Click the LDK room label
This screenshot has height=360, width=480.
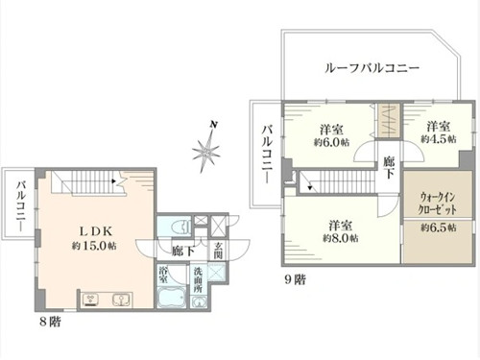click(96, 231)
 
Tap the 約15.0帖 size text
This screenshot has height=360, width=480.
click(94, 246)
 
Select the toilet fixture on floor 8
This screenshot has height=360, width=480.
click(180, 227)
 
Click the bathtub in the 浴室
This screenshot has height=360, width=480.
click(172, 298)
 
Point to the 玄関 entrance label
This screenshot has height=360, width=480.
click(218, 251)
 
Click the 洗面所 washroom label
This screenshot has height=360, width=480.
click(198, 280)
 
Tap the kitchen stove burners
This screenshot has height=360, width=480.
click(90, 300)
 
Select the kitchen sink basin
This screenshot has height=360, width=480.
click(121, 300)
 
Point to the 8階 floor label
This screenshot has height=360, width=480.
click(51, 322)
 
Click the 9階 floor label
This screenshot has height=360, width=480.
click(296, 279)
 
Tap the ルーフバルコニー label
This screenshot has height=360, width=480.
click(372, 68)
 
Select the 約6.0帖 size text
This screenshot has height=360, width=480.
click(331, 142)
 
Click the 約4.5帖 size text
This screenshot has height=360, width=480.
click(439, 139)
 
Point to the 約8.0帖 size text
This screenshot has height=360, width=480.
click(341, 238)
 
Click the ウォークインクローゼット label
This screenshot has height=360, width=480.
click(438, 204)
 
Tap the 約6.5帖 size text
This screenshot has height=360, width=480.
click(439, 228)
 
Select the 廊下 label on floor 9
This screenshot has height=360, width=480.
click(389, 167)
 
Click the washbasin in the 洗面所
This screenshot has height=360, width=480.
click(199, 302)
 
